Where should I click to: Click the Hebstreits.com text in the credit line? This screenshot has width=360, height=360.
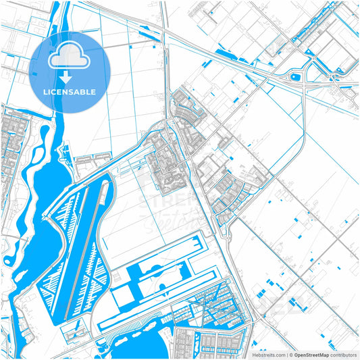tap(269, 354)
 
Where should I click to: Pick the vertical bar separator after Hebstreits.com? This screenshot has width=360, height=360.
tap(287, 354)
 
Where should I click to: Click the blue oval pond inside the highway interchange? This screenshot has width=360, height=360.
tap(294, 77)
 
